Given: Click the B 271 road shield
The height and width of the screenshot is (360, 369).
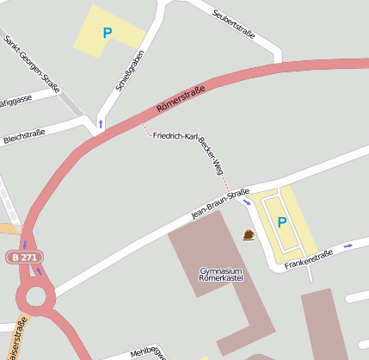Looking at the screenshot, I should pos(23,257).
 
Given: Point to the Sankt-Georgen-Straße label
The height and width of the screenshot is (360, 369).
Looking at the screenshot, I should pos(32,65).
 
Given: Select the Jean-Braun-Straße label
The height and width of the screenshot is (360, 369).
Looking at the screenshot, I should pos(220,203).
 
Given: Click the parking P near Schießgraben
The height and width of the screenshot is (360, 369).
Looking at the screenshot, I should pos(108,34).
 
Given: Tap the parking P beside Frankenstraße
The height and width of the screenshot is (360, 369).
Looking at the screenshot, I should pos(281,222).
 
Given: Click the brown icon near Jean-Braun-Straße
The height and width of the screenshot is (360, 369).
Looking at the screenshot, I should pos(249,235).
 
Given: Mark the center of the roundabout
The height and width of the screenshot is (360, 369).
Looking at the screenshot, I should pos(36,298).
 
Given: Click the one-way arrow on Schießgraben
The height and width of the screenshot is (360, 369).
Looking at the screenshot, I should pos(101,124).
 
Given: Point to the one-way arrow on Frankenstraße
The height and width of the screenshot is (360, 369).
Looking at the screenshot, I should pos(348,245).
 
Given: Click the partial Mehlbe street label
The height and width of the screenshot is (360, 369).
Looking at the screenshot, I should pos(146,352).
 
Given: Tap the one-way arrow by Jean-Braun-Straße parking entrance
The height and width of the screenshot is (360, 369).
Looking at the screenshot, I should pos(247,203).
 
